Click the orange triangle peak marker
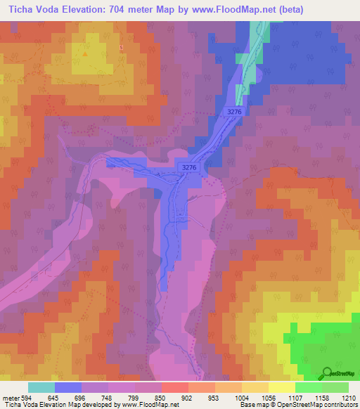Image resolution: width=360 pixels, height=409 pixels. click(86, 52)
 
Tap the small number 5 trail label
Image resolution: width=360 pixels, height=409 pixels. click(121, 47)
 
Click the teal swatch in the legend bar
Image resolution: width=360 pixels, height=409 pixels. click(41, 387)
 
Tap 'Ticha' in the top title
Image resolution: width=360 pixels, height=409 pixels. click(18, 9)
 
